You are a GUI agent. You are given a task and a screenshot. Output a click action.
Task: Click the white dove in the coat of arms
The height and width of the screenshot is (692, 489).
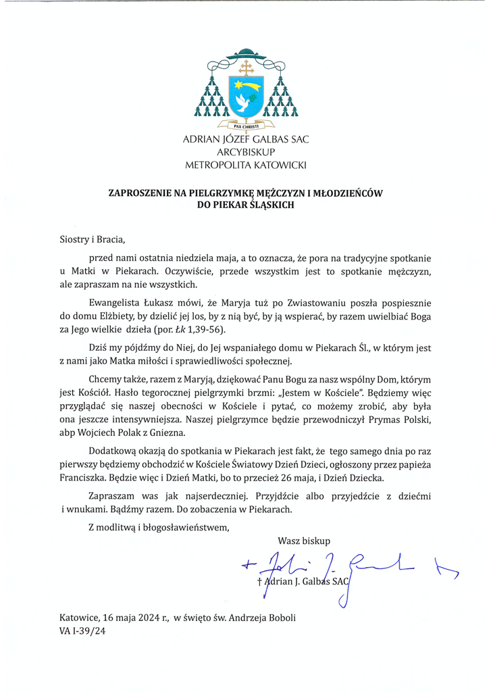point(242,101)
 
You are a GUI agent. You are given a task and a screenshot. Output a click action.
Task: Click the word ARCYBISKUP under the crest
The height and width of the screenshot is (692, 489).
point(244,152)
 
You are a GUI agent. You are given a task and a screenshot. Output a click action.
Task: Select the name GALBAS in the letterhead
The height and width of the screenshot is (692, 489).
point(261,140)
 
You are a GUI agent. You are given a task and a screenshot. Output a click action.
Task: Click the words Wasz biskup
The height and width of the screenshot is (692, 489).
point(303,539)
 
